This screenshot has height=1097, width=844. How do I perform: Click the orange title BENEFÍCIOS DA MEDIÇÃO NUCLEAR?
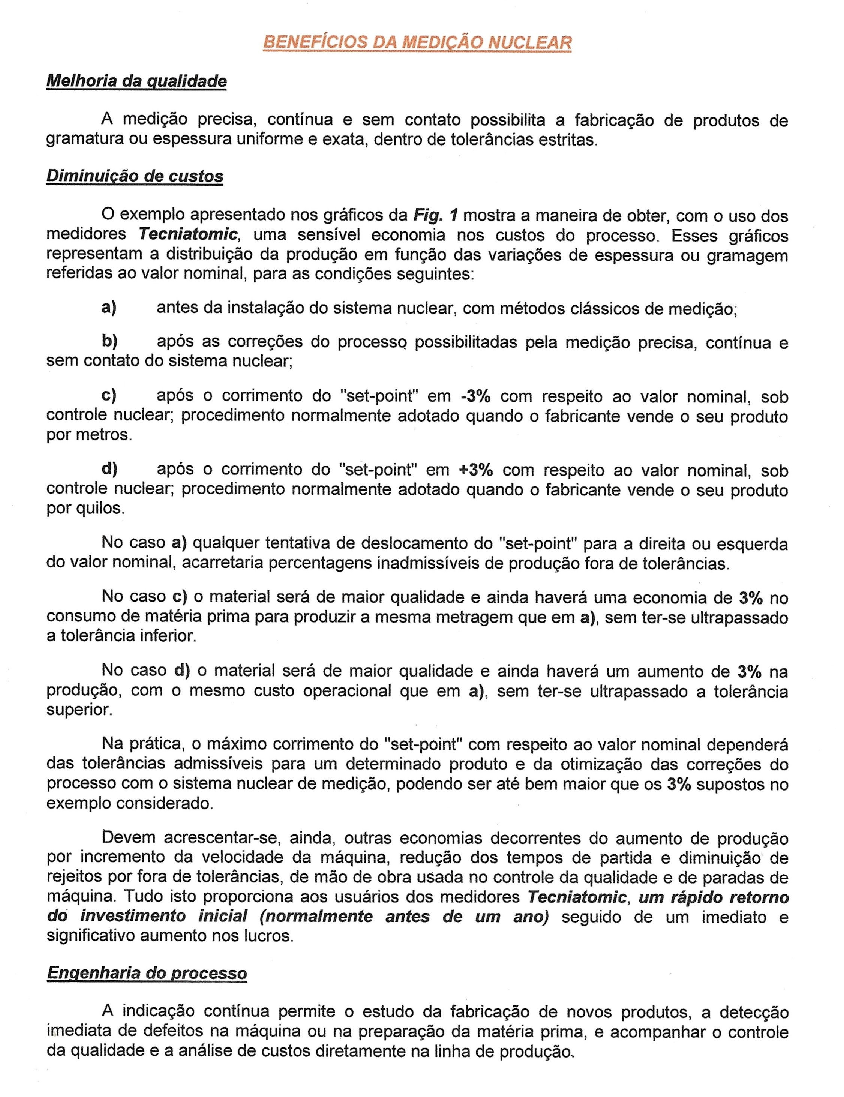(417, 42)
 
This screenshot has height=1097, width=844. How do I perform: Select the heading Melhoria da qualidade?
(136, 81)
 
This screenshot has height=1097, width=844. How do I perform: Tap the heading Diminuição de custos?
(135, 176)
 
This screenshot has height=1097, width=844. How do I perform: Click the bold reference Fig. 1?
(435, 216)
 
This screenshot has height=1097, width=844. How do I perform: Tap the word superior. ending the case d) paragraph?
(79, 710)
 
